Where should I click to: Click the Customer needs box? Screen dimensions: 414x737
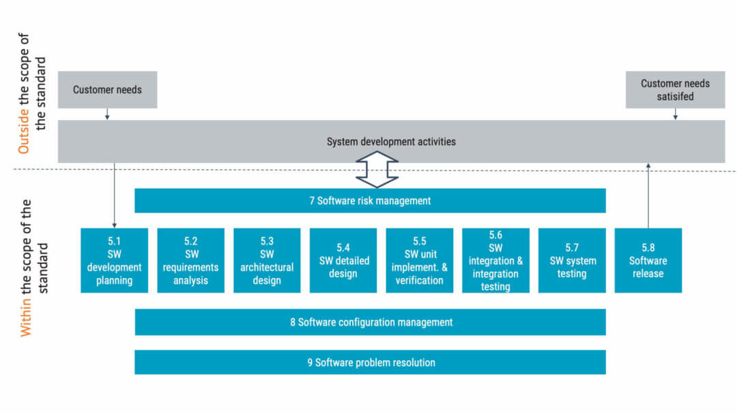[107, 89]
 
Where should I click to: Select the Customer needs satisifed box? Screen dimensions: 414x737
[675, 89]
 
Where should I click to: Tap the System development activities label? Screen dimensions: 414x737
[391, 142]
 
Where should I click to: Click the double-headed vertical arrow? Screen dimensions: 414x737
[377, 169]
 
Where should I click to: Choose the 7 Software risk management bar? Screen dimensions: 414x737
[370, 201]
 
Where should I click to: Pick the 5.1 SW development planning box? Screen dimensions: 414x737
[114, 261]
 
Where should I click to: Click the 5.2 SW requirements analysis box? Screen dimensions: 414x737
[190, 261]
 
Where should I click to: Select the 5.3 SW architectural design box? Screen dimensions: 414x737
[267, 261]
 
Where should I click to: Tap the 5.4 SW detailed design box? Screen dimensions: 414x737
[343, 261]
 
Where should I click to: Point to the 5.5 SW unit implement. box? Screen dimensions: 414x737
[419, 261]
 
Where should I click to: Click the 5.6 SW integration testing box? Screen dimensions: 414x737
[495, 261]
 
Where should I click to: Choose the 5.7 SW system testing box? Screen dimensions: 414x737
[572, 261]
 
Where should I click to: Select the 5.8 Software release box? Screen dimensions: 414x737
[648, 261]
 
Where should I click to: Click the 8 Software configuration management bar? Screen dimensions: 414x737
[370, 322]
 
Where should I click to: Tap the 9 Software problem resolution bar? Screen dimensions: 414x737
[370, 362]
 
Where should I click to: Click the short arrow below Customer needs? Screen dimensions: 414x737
[107, 114]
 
